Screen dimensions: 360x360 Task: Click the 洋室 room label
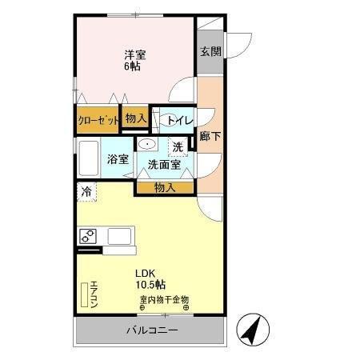[134, 54]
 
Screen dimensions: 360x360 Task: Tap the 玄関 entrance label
[211, 52]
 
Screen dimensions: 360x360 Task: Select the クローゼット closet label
[98, 120]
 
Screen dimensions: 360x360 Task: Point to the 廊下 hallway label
[211, 136]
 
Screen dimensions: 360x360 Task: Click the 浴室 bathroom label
[118, 159]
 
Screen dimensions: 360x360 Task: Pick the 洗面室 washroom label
[164, 164]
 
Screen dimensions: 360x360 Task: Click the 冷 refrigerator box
[86, 192]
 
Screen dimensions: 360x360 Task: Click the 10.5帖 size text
[150, 284]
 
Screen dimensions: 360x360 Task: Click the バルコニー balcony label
[151, 330]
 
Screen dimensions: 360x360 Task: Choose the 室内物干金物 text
[165, 300]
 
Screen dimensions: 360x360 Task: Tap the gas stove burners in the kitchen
[88, 236]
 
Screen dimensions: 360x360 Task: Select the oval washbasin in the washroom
[148, 144]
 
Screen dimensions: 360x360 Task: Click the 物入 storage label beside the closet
[136, 118]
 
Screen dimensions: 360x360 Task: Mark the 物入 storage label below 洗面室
[164, 187]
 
